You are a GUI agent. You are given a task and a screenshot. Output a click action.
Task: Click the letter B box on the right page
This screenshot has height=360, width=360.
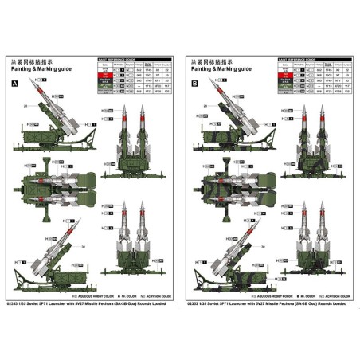pyautogui.click(x=195, y=84)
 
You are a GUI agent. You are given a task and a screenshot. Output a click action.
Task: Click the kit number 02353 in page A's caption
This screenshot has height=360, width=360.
pyautogui.click(x=16, y=304)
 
